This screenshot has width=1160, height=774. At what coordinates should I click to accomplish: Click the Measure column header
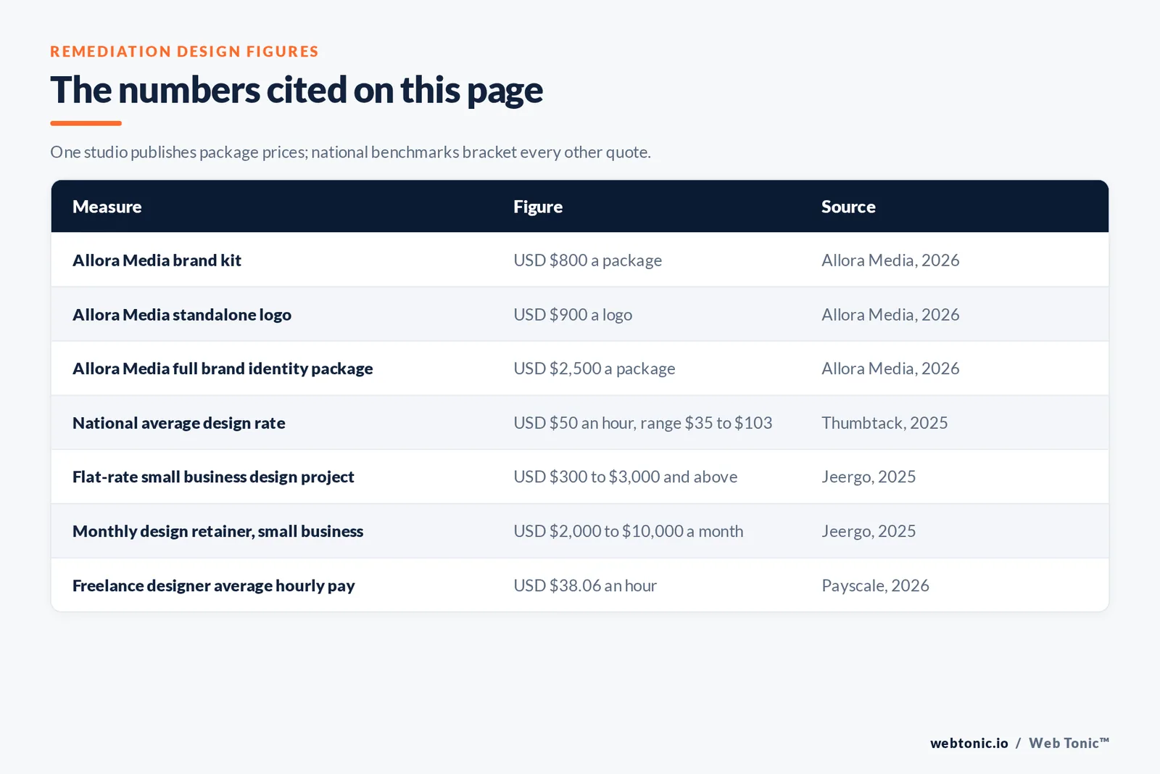[107, 206]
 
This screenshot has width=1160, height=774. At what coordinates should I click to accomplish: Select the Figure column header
[537, 207]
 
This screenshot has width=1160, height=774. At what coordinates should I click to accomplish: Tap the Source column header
[848, 206]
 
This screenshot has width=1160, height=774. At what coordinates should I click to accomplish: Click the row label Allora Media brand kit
[157, 260]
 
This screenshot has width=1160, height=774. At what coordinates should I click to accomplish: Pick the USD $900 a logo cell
[572, 315]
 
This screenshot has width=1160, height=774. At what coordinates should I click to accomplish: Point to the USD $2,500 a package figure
[594, 369]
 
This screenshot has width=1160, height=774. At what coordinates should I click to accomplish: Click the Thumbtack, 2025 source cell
[884, 423]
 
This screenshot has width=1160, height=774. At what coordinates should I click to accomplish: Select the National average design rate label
[178, 423]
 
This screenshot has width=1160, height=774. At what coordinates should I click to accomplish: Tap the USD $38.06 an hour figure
[584, 585]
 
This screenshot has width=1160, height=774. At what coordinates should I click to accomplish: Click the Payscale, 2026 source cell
[874, 585]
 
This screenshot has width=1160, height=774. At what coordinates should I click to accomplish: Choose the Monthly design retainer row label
[217, 532]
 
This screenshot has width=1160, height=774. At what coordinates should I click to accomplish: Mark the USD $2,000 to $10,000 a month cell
[628, 531]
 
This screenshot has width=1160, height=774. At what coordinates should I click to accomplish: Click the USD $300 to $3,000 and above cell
[625, 477]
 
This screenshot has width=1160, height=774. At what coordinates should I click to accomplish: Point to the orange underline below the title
[86, 123]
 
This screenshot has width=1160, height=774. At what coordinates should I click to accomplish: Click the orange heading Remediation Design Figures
[184, 52]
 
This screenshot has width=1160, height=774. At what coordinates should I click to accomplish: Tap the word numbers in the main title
[189, 90]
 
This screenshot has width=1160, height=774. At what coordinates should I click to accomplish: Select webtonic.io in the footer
[969, 743]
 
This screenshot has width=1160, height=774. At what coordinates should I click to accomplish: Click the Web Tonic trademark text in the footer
[1069, 743]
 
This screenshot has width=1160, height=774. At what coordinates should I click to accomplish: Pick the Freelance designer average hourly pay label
[213, 586]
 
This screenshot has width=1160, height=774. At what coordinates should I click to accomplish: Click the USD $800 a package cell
[587, 260]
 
